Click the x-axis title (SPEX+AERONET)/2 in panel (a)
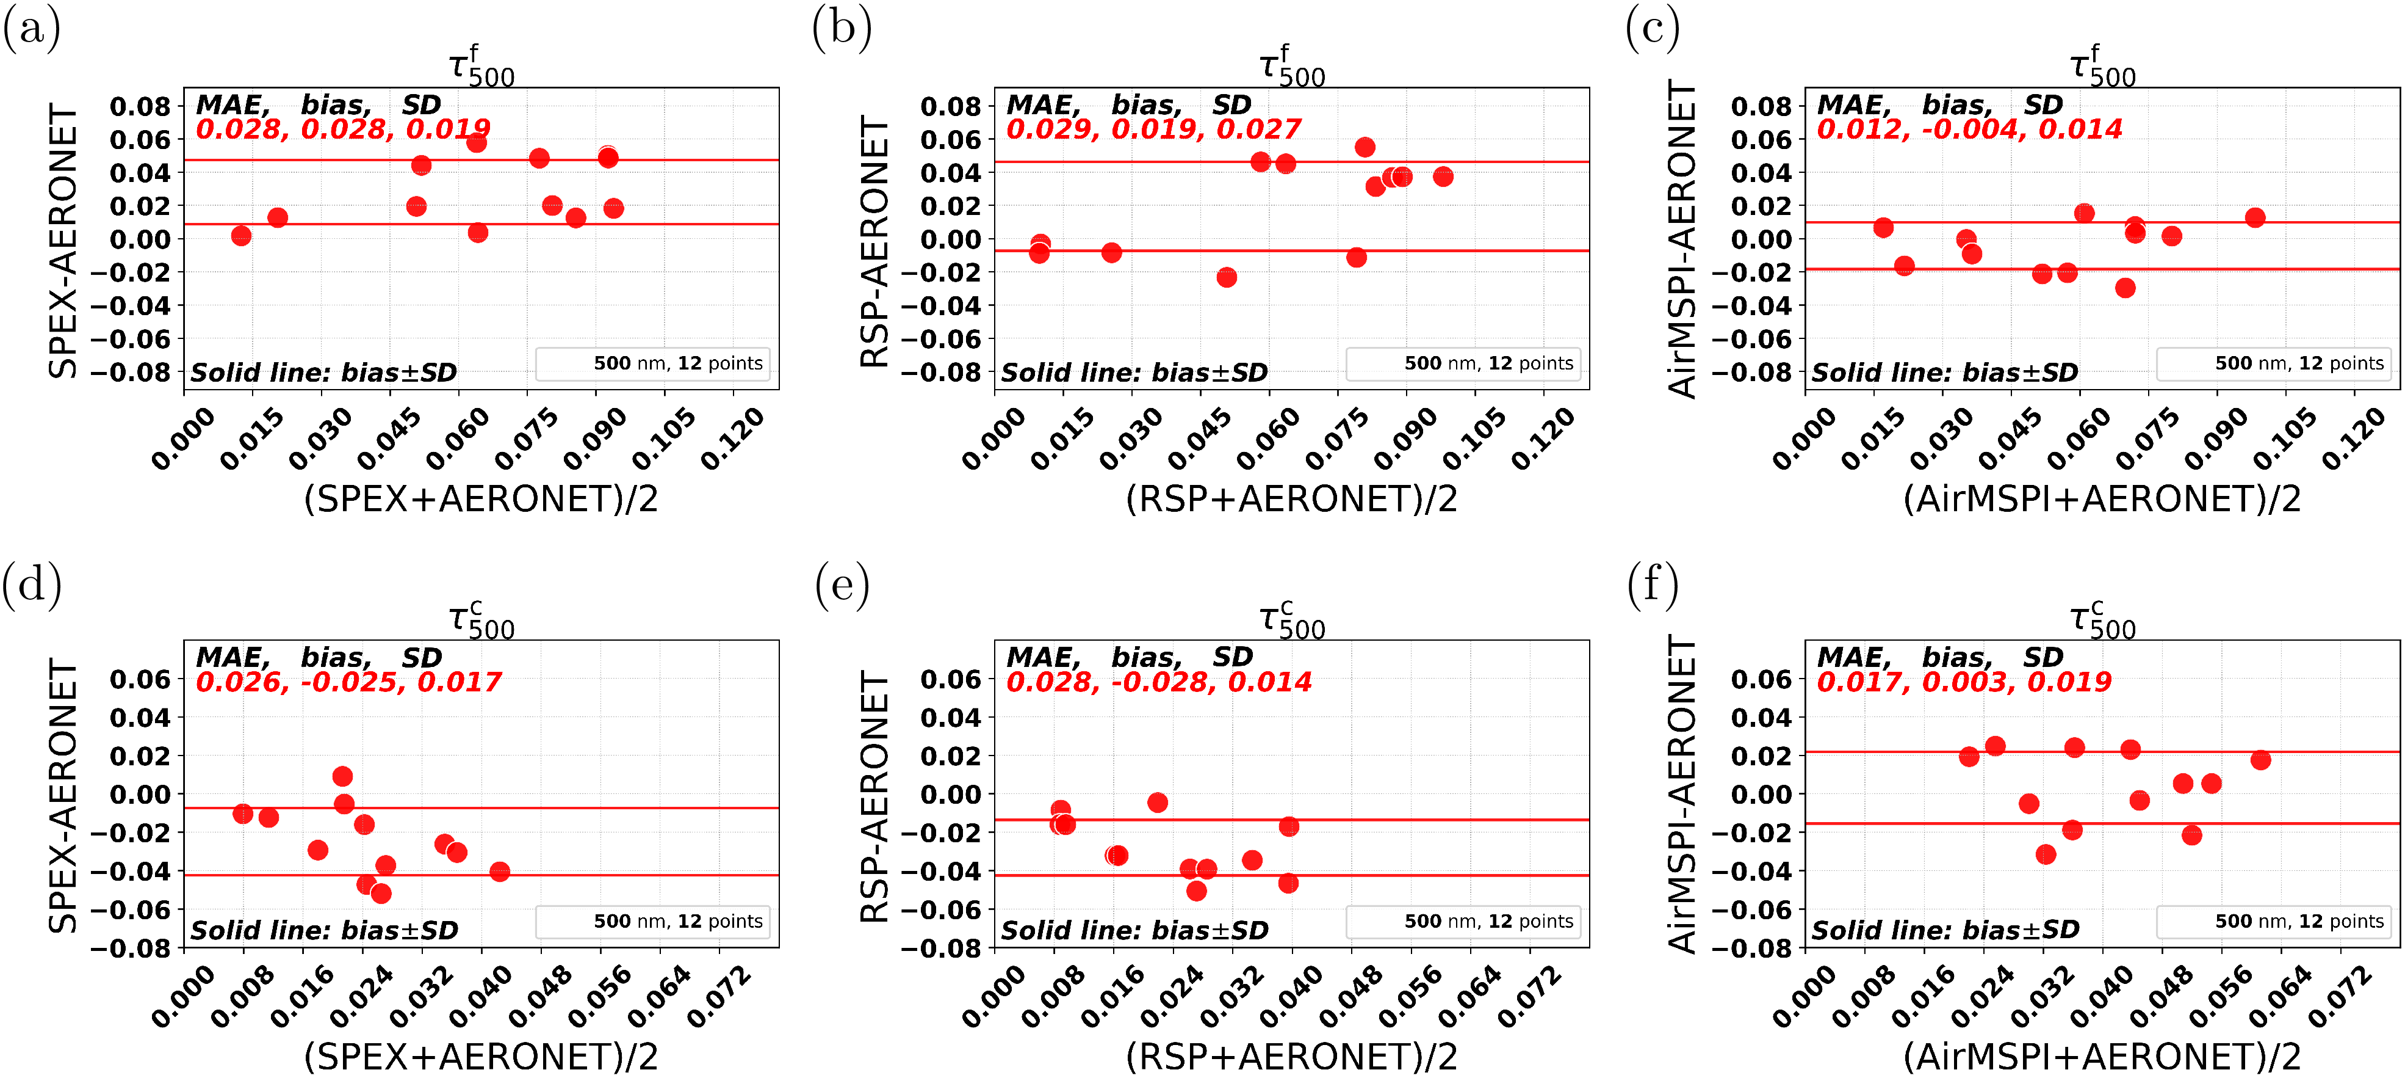[481, 499]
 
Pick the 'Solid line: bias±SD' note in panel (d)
[324, 930]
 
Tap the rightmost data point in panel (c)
[2255, 217]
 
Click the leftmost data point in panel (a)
[241, 235]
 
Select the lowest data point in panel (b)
[1227, 277]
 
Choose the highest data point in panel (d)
[342, 776]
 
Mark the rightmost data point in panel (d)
[499, 872]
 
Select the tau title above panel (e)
[1291, 621]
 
